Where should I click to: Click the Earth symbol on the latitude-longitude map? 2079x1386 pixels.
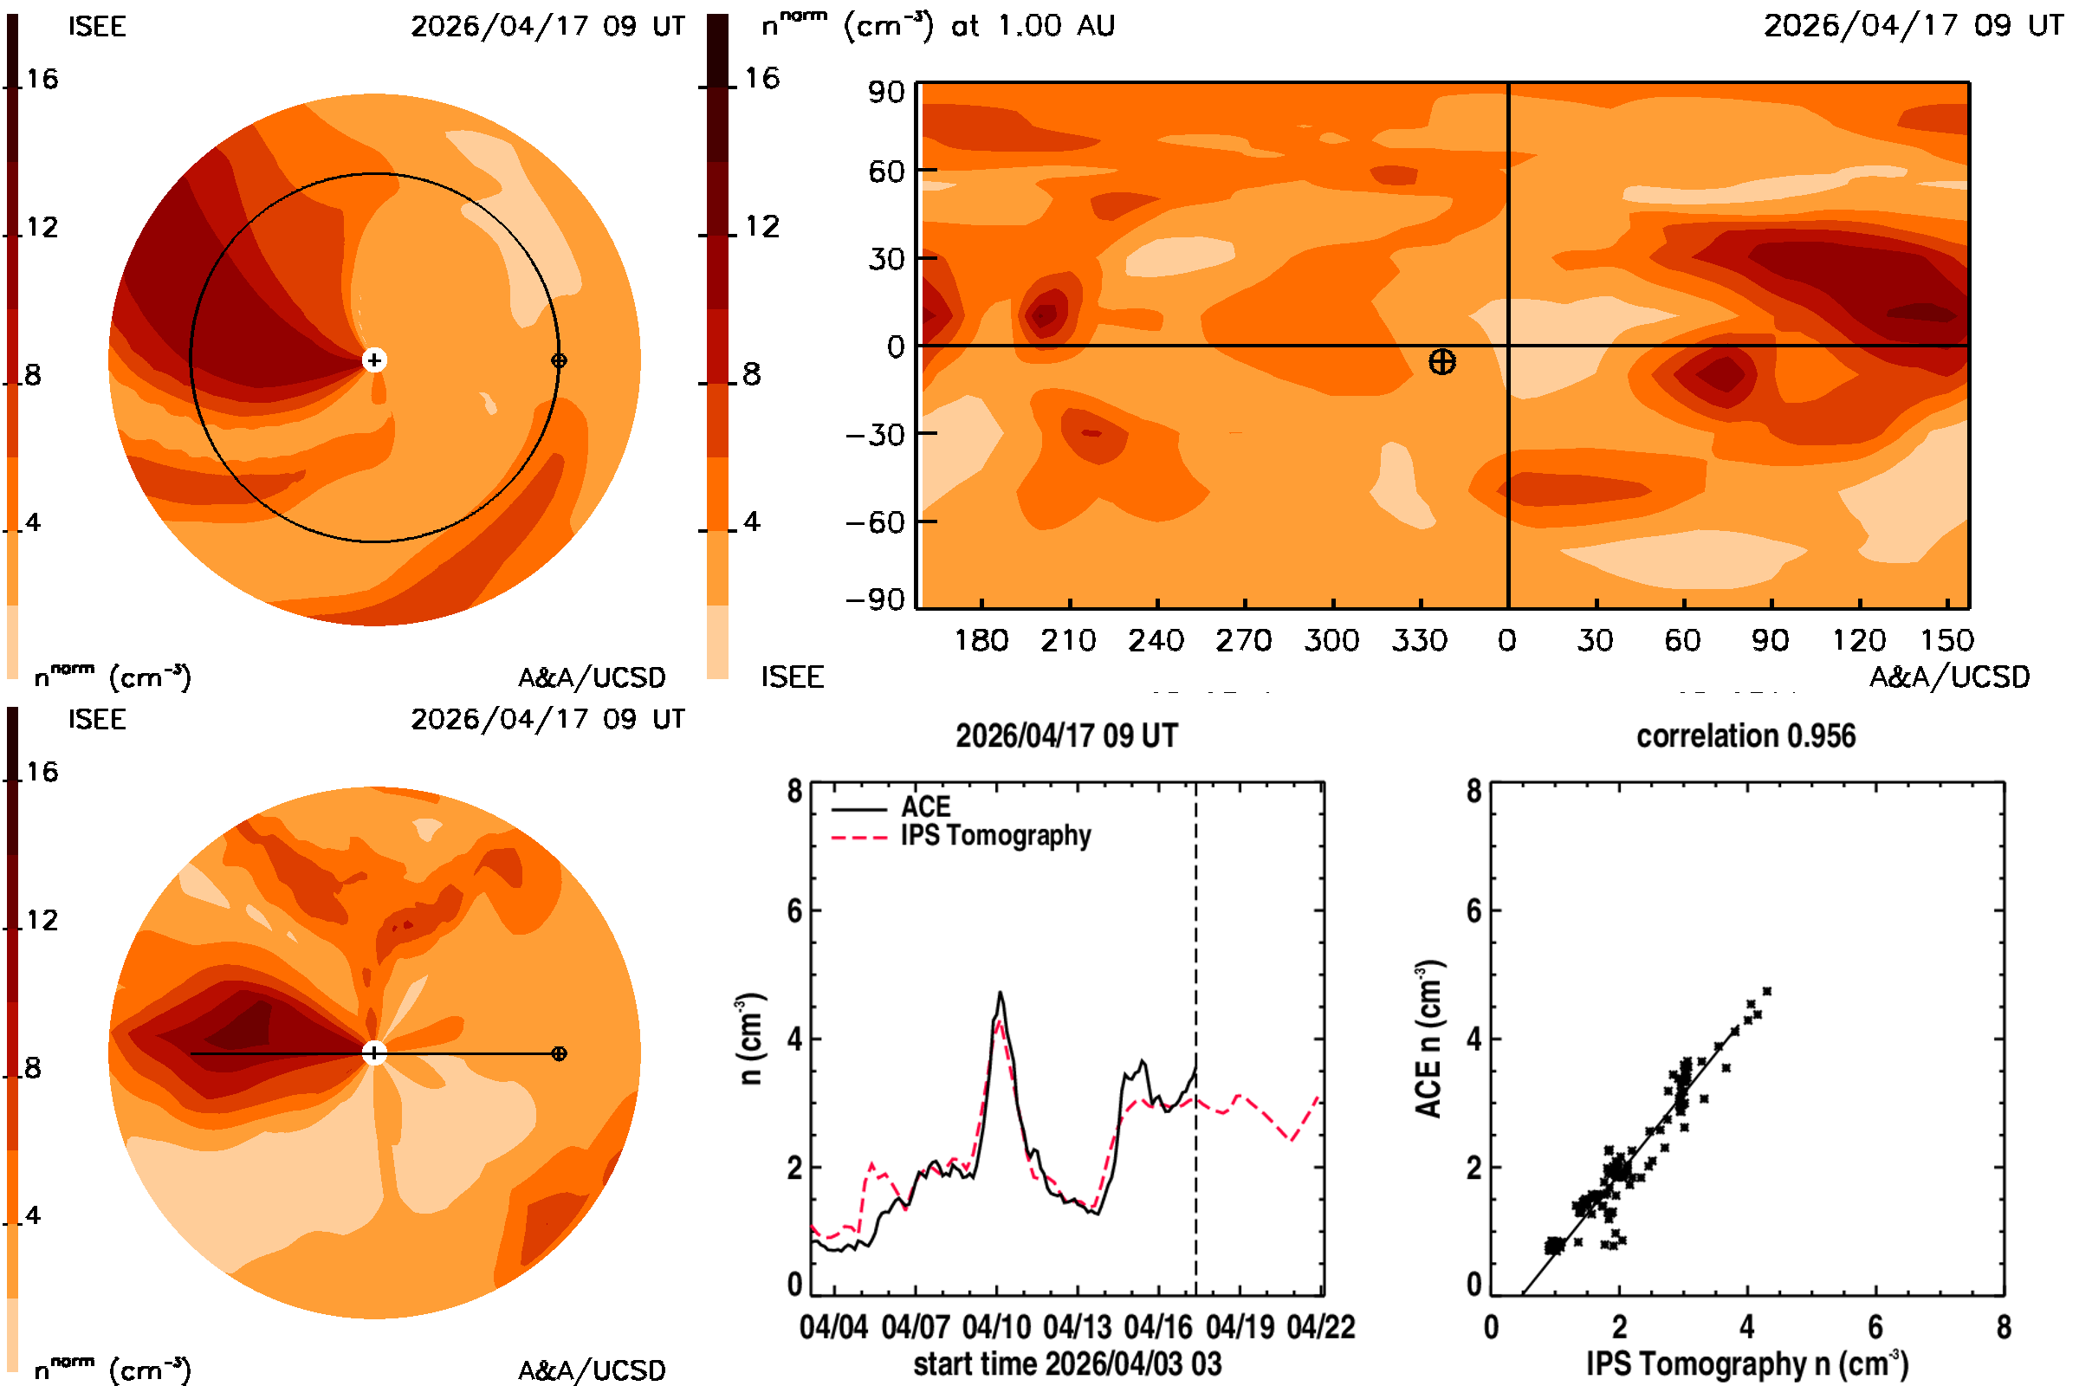pos(1441,361)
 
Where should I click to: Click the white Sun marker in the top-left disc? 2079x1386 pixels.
pos(375,359)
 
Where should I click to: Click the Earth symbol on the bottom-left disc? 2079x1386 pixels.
pos(559,1053)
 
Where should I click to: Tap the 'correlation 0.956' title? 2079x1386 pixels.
pos(1745,735)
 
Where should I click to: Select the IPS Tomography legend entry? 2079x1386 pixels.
pos(962,835)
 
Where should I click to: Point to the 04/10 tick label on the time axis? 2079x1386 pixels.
pos(996,1327)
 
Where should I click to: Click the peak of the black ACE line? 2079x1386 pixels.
pos(1001,992)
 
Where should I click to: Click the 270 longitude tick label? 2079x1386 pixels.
pos(1244,640)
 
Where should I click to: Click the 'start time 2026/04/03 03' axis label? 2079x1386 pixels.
pos(1068,1363)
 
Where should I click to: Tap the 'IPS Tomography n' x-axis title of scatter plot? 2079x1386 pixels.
pos(1746,1363)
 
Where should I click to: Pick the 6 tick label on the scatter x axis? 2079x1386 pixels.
pos(1875,1327)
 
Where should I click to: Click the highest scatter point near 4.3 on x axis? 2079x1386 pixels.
pos(1767,991)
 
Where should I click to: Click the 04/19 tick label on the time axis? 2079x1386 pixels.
pos(1240,1327)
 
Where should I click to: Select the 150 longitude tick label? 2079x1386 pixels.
pos(1946,640)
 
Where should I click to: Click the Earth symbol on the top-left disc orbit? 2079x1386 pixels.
pos(559,360)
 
